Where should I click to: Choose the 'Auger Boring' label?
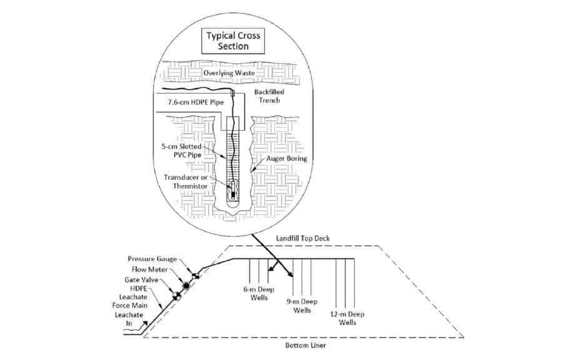coord(284,160)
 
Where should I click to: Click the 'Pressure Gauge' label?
coord(152,259)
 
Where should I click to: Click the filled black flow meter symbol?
coord(186,286)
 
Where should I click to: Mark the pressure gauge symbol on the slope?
coord(195,276)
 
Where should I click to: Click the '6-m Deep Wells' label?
coord(256,293)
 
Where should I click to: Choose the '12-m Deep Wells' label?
coord(349,318)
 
